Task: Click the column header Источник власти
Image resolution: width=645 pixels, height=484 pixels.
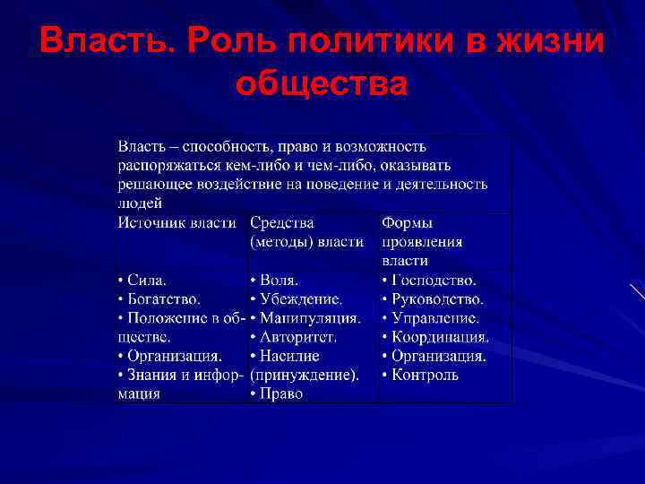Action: (x=177, y=222)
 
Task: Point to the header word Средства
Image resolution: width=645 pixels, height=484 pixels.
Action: (x=282, y=222)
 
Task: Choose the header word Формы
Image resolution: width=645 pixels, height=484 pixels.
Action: (x=408, y=222)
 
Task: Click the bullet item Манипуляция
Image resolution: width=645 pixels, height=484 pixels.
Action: (x=310, y=317)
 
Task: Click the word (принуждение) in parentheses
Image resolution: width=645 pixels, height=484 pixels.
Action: (x=304, y=375)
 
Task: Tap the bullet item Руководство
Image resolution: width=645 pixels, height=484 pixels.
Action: (x=437, y=298)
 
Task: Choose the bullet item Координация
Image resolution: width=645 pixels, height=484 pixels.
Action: (x=440, y=337)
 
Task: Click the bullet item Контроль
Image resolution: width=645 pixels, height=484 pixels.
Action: (x=425, y=375)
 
